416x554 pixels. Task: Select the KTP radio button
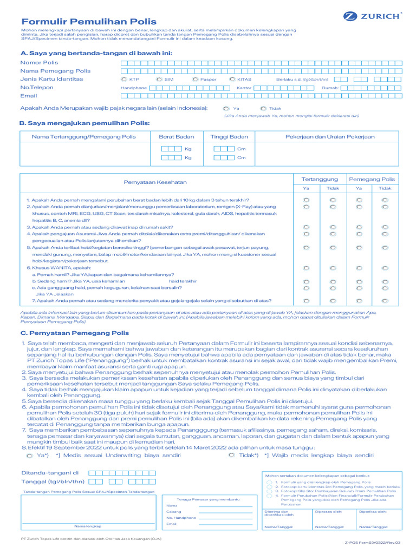124,79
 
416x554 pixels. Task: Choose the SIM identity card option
159,79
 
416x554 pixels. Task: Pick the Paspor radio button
195,79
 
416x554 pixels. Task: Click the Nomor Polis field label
39,63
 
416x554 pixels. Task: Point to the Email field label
29,96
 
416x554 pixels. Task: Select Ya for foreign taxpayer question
226,108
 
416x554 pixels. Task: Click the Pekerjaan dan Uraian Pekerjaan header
330,137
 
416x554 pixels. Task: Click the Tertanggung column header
320,179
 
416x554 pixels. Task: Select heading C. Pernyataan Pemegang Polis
75,333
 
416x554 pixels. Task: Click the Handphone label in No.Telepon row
133,88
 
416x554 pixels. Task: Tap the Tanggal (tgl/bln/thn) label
53,481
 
